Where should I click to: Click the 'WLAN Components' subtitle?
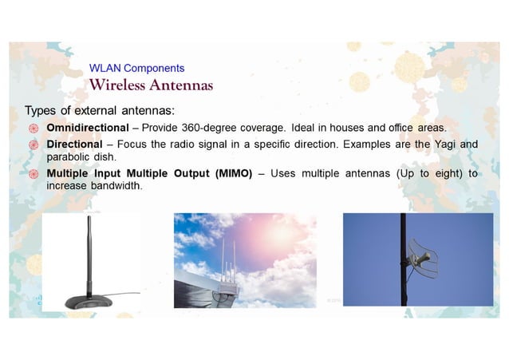pyautogui.click(x=136, y=69)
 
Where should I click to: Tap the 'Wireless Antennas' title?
pyautogui.click(x=151, y=85)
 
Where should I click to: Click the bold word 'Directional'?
pyautogui.click(x=74, y=144)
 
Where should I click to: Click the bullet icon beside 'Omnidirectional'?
pyautogui.click(x=34, y=129)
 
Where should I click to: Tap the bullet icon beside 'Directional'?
pyautogui.click(x=34, y=144)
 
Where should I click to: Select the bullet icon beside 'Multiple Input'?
pyautogui.click(x=34, y=174)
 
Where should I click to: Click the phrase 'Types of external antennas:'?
pyautogui.click(x=100, y=110)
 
